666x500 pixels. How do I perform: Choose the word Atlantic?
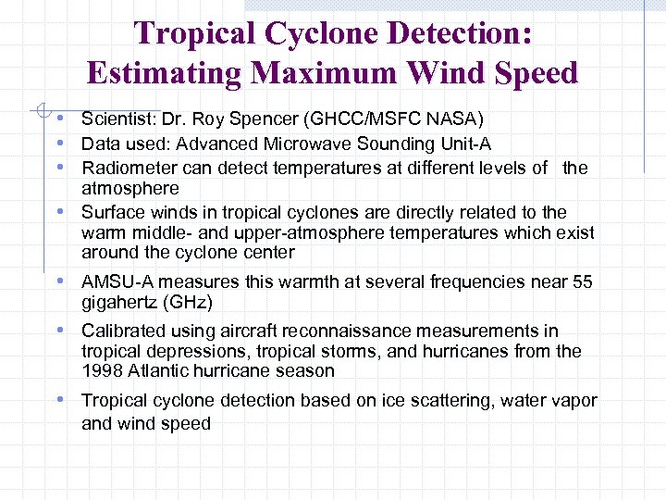pos(158,370)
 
